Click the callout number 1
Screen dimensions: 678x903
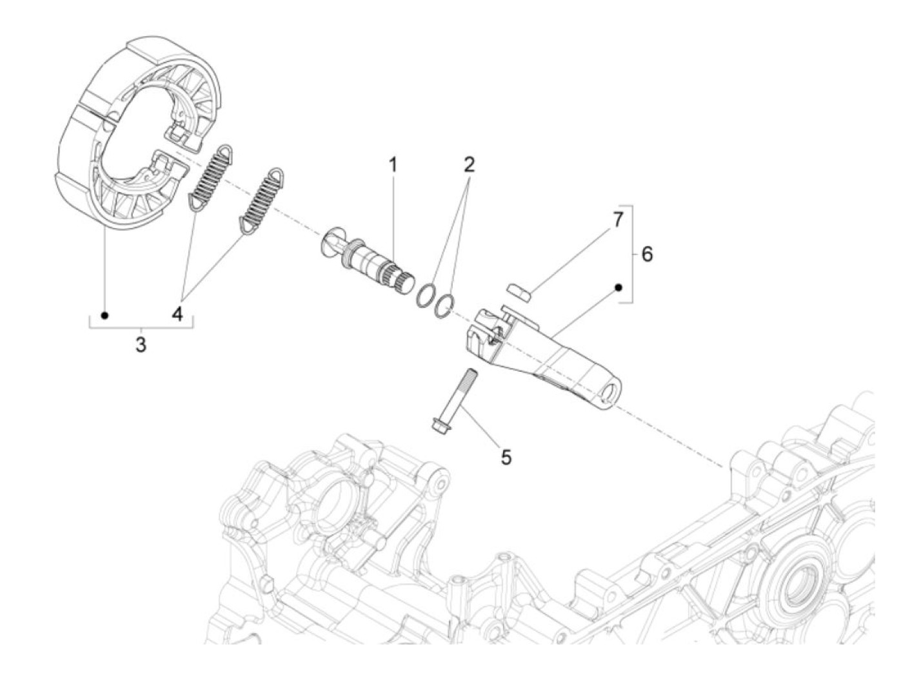tap(392, 165)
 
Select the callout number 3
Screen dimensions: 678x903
tap(141, 345)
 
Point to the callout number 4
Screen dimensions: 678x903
tap(177, 315)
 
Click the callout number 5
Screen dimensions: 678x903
tap(506, 457)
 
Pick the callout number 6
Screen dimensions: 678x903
tap(646, 254)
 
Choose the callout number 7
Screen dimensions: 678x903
tap(617, 220)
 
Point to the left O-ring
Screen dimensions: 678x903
tap(426, 293)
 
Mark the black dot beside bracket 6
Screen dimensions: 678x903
tap(617, 287)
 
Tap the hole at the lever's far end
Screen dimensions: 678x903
tap(610, 395)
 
